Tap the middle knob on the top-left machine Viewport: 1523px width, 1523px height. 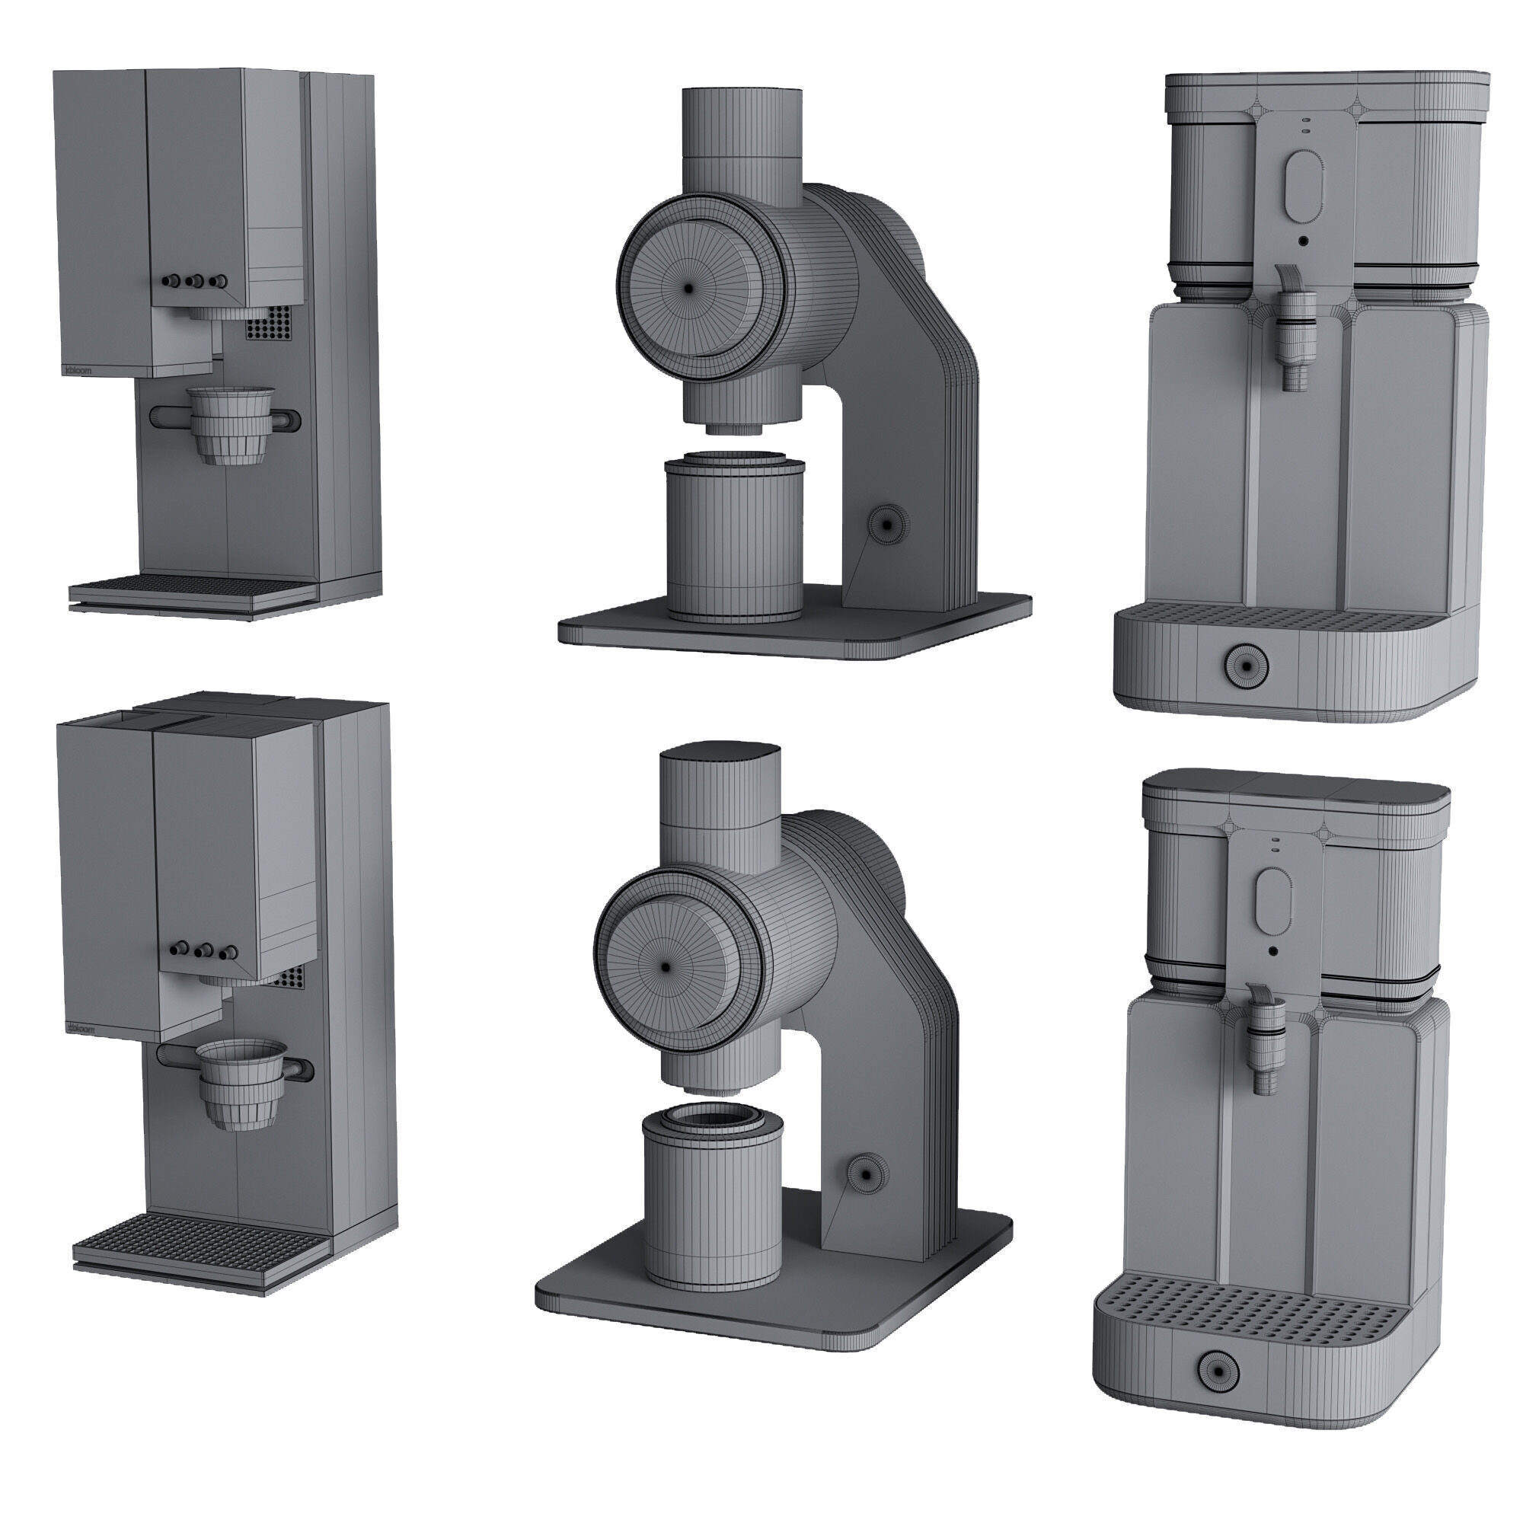coord(195,282)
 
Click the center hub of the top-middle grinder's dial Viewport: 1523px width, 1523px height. coord(689,289)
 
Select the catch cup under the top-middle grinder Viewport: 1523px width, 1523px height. coord(735,540)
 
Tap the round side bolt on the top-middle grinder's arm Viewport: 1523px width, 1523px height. coord(888,522)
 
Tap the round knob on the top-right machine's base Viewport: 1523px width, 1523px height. coord(1246,666)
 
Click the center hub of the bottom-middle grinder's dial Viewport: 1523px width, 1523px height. coord(667,966)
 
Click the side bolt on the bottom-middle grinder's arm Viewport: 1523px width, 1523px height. coord(866,1196)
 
